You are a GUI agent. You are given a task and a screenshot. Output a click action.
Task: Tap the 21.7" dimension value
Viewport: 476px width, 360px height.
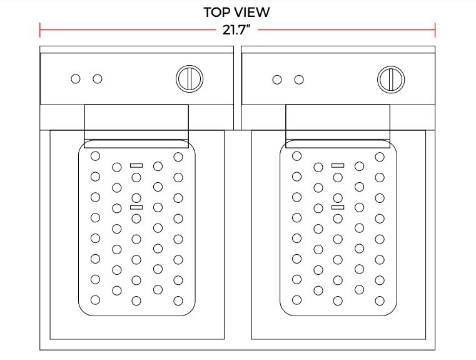coord(236,30)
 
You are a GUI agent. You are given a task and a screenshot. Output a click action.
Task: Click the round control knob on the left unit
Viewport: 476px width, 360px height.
coord(190,79)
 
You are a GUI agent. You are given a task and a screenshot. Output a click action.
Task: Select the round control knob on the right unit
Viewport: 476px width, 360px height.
coord(391,80)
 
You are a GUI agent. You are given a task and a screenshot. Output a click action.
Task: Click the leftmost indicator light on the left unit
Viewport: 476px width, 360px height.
coord(76,79)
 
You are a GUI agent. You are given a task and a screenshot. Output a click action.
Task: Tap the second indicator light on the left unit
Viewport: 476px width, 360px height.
coord(98,79)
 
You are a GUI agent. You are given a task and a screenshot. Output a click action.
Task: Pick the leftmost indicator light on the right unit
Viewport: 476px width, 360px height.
coord(277,80)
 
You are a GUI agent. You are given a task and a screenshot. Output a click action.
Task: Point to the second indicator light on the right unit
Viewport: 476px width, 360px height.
coord(299,80)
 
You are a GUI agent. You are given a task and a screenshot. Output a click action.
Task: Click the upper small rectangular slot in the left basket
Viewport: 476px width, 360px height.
coord(136,165)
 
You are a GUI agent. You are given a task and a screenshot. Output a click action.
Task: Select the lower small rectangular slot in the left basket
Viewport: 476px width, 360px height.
coord(136,207)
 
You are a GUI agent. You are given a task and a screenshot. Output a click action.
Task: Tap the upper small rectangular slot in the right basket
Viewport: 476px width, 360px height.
coord(338,165)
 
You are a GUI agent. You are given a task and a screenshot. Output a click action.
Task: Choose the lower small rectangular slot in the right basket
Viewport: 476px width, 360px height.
coord(338,207)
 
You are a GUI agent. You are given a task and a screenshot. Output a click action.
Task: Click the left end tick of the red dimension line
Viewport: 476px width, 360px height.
coord(40,30)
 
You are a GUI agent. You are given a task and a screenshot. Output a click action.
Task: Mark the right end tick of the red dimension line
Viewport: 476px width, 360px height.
coord(435,30)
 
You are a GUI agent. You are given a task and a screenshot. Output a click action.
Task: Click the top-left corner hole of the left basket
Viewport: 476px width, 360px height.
coord(95,156)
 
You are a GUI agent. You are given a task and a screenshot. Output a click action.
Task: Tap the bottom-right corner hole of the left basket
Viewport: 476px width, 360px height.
coord(178,301)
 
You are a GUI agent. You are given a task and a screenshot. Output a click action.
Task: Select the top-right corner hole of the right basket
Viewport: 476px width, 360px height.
coord(380,157)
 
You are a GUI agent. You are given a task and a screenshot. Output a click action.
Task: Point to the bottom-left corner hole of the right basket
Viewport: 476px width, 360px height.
coord(296,300)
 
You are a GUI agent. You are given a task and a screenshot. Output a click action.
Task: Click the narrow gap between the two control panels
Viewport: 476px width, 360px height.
coord(238,88)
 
